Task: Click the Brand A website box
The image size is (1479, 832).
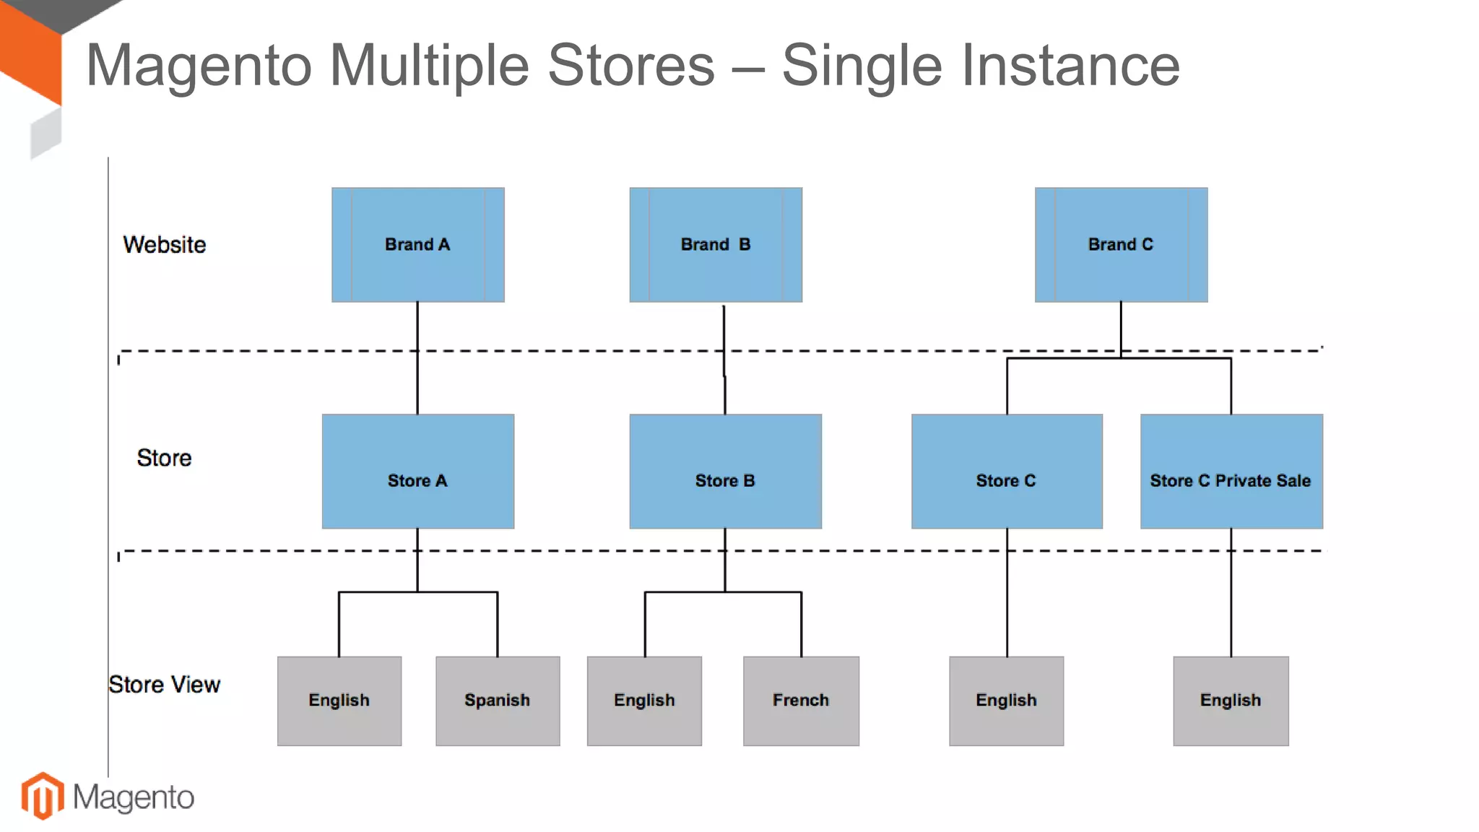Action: point(417,245)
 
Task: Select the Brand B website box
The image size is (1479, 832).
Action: point(715,245)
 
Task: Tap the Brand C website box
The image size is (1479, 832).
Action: point(1120,245)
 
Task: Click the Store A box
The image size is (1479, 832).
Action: point(417,472)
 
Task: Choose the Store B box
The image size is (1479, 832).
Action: point(725,472)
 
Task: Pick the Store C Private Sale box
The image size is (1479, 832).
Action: point(1231,472)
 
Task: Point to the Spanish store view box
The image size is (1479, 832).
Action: point(497,701)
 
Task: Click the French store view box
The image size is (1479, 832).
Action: point(800,701)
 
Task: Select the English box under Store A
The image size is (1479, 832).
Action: point(339,701)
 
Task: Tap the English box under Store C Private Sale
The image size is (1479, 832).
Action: point(1230,701)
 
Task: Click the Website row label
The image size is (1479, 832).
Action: point(164,245)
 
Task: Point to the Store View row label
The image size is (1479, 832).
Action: point(164,684)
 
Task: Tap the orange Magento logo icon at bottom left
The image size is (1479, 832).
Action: point(43,796)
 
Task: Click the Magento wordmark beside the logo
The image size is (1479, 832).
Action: point(134,797)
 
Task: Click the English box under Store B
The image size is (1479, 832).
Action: point(644,701)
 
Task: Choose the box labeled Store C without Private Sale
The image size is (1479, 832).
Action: point(1006,472)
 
